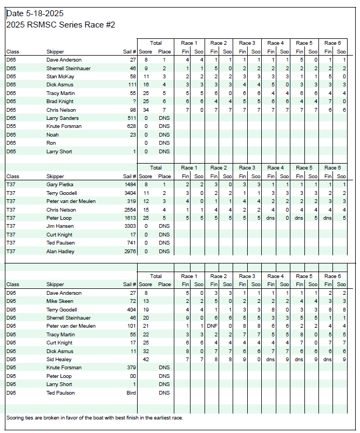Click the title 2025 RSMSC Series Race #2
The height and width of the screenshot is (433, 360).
tap(60, 25)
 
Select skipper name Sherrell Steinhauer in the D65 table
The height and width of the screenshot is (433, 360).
tap(69, 69)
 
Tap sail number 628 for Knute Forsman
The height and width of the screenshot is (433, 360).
tap(130, 126)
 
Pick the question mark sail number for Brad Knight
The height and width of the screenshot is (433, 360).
tap(133, 102)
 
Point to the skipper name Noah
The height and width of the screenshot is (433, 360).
tap(52, 135)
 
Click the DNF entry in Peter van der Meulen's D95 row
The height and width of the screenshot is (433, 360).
tap(212, 326)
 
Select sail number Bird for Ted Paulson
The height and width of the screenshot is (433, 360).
tap(130, 393)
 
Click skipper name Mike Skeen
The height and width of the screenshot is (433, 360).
tap(60, 301)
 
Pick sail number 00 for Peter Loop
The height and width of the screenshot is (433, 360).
tap(132, 376)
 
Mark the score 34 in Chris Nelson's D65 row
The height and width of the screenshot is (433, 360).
tap(146, 110)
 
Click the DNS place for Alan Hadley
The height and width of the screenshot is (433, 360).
tap(165, 252)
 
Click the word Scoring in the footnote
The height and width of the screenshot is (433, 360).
tap(16, 418)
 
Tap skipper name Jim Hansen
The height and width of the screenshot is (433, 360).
tap(60, 227)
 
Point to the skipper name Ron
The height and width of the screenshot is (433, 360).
tap(51, 143)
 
